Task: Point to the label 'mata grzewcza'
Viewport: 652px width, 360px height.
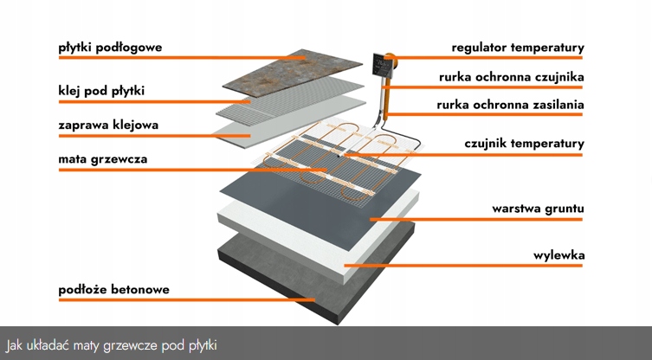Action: [96, 159]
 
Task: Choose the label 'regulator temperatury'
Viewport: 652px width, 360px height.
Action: [518, 47]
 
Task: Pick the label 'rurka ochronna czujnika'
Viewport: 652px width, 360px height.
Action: [511, 77]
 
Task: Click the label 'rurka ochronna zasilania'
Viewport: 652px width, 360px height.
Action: [510, 106]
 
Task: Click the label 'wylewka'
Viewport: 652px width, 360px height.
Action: [558, 255]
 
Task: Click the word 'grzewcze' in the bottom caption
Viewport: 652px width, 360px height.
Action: [134, 344]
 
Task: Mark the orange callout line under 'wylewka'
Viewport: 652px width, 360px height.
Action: [468, 266]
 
